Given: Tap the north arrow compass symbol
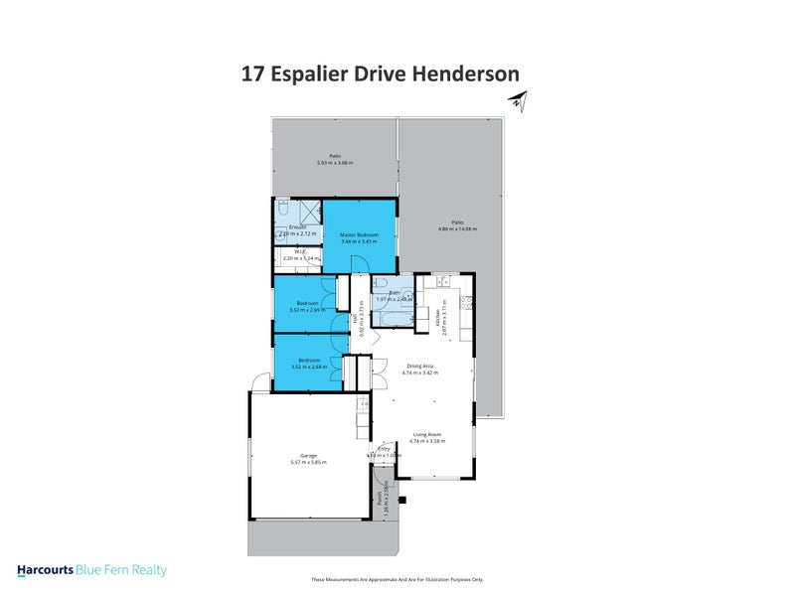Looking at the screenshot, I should point(517,98).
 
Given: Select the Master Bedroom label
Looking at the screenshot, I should point(359,235).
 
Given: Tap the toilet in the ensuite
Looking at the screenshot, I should point(283,211).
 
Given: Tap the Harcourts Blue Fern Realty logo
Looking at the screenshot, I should point(91,570).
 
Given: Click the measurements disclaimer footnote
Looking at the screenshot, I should point(397,579).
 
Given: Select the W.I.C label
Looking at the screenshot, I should point(298,251).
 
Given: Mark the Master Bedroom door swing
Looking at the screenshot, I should point(364,264).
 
